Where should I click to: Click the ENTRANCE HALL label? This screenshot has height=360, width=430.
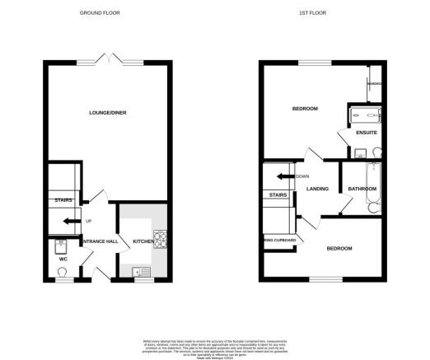[x=99, y=241]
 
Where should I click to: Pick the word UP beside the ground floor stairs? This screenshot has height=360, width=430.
[x=87, y=222]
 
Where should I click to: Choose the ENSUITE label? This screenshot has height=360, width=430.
[x=367, y=132]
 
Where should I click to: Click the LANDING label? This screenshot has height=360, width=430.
[x=318, y=189]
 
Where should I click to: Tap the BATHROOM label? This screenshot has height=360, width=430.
[x=362, y=189]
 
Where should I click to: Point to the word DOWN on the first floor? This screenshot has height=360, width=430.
[x=302, y=176]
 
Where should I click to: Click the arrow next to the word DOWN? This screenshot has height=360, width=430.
[x=283, y=176]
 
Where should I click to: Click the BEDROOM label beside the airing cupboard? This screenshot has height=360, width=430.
[x=339, y=248]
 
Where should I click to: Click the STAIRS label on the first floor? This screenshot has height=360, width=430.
[x=276, y=194]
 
